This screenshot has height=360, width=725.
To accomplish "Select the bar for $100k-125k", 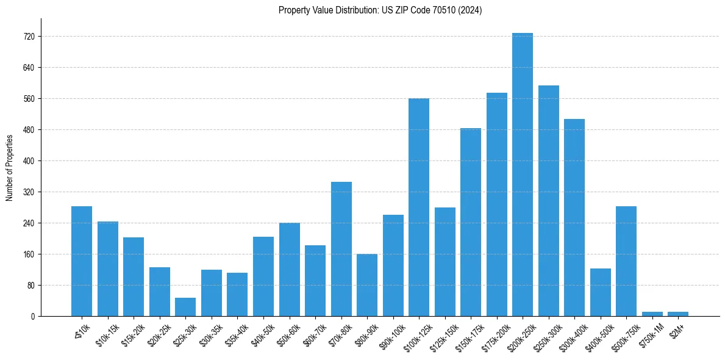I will click(x=419, y=207).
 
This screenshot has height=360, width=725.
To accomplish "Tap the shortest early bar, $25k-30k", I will click(x=185, y=307).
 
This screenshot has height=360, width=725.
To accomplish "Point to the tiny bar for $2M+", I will click(x=678, y=314).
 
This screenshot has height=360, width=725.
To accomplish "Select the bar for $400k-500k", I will click(x=601, y=292).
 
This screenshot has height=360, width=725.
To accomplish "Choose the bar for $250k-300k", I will click(x=549, y=201).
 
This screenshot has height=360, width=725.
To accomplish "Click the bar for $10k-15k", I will click(x=108, y=268).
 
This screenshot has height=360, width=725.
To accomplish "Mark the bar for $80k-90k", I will click(x=367, y=285).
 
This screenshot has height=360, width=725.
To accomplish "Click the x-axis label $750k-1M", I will click(x=650, y=335).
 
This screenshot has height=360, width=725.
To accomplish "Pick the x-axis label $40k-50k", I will click(x=263, y=335).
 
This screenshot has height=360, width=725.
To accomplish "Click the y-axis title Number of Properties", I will click(x=10, y=167).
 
